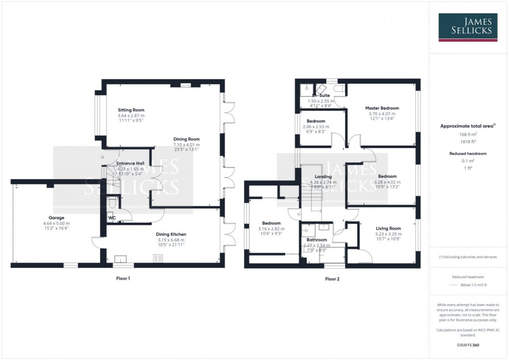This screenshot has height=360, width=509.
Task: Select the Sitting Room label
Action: point(131,110)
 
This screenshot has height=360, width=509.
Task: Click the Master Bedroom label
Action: point(382,108)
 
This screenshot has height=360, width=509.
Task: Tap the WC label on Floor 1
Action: point(112,217)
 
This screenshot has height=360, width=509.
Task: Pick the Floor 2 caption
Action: point(332,278)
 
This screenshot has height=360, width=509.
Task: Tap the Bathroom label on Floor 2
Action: point(317,240)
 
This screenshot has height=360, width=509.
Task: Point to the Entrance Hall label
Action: point(130,163)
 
